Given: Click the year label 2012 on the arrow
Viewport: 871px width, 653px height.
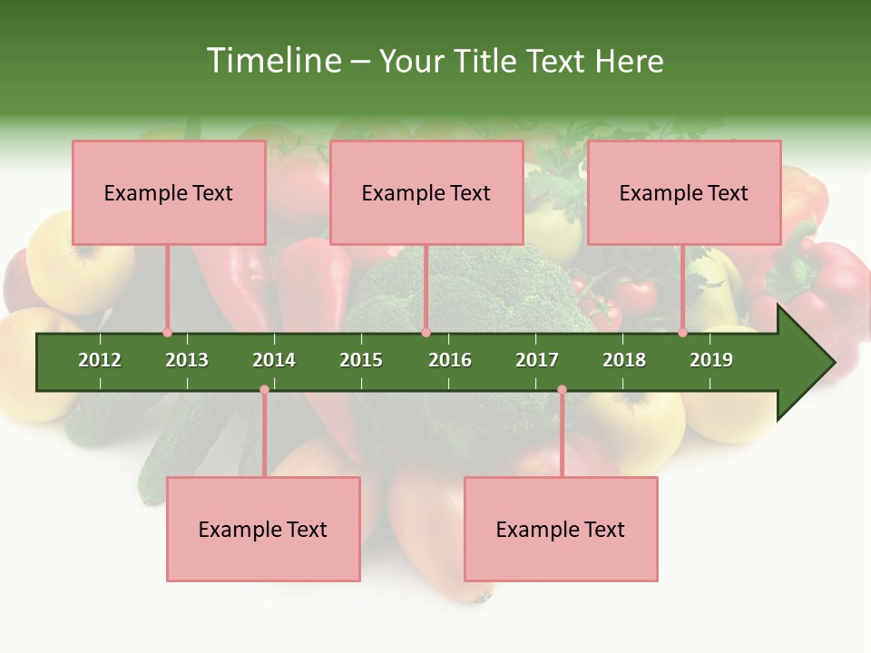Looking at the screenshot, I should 100,360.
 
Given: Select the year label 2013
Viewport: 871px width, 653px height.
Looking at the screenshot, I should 187,360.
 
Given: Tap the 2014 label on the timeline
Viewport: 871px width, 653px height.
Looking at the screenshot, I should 274,360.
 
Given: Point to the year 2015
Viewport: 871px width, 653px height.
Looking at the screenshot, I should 361,360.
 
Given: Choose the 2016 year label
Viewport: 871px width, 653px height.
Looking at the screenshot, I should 450,360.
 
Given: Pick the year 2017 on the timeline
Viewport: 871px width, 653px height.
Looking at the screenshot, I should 537,360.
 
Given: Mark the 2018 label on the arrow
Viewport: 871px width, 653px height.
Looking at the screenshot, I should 624,360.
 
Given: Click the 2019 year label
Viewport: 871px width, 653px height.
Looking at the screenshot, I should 711,360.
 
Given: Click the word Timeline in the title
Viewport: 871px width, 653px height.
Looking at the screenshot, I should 272,61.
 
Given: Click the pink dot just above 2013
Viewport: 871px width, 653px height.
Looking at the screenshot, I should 167,333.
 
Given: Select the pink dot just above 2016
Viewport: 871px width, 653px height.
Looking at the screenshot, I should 426,333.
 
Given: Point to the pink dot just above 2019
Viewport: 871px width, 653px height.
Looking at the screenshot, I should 682,333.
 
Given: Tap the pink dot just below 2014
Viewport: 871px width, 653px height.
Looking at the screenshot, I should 264,390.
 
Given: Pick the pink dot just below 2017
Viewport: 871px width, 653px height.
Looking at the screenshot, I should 562,390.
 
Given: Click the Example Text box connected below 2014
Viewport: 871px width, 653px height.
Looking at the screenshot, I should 263,530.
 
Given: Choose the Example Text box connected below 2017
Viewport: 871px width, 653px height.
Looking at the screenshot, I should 561,530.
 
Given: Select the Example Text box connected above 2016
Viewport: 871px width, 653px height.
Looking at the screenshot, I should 426,192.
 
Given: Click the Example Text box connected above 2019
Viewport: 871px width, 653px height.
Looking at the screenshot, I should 684,192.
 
